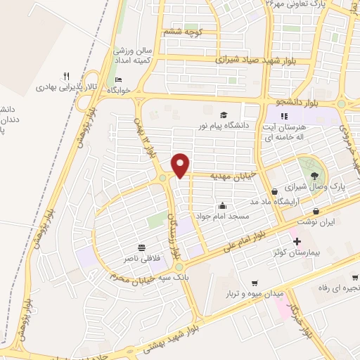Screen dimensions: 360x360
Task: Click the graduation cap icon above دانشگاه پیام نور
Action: pos(224,115)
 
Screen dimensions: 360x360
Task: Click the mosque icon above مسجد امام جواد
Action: pos(223,205)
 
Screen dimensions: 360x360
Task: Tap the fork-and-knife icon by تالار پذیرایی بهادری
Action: pos(66,76)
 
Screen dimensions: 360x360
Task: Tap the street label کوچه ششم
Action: pos(183,32)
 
